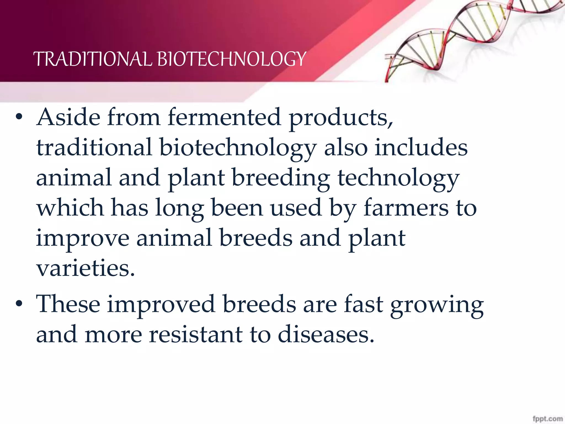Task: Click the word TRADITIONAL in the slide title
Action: tap(93, 59)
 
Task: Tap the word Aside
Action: tap(68, 117)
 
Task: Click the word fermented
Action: tap(224, 117)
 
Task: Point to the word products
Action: tap(341, 119)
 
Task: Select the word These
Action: tap(68, 304)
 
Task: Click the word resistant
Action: tap(196, 335)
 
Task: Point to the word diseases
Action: tap(326, 335)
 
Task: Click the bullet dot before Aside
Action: tap(19, 117)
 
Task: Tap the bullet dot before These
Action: tap(19, 304)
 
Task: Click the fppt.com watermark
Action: tap(548, 419)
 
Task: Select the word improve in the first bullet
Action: tap(83, 239)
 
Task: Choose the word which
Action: tap(70, 208)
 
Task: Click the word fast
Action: tap(364, 304)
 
